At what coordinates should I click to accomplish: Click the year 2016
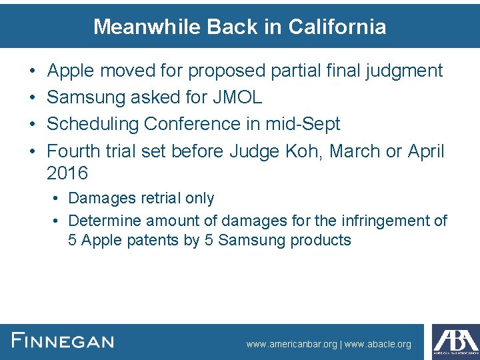click(67, 173)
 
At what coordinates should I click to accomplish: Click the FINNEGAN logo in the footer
click(63, 341)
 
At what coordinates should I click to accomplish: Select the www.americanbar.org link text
click(292, 345)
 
